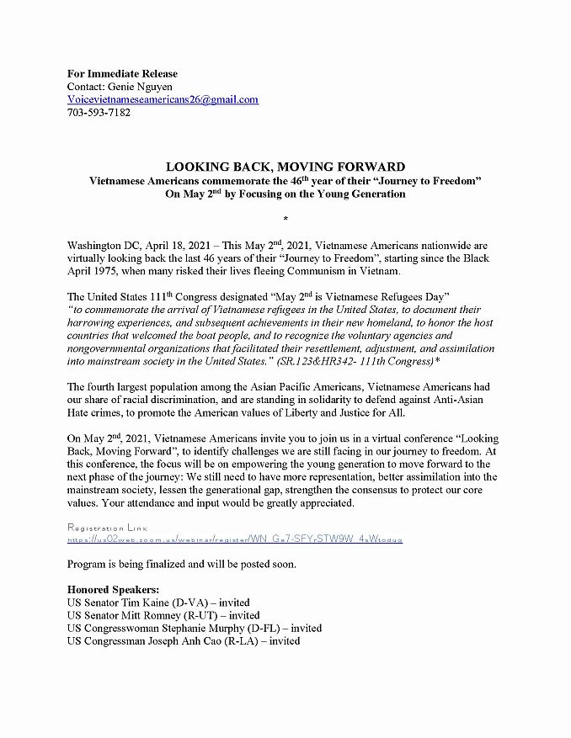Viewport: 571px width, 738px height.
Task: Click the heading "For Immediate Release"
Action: (122, 73)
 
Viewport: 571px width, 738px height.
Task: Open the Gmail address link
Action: (163, 99)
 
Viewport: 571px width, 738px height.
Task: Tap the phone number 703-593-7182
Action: (99, 112)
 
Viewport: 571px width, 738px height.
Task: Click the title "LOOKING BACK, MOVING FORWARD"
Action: (285, 167)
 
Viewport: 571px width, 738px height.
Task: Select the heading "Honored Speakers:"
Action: (113, 589)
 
